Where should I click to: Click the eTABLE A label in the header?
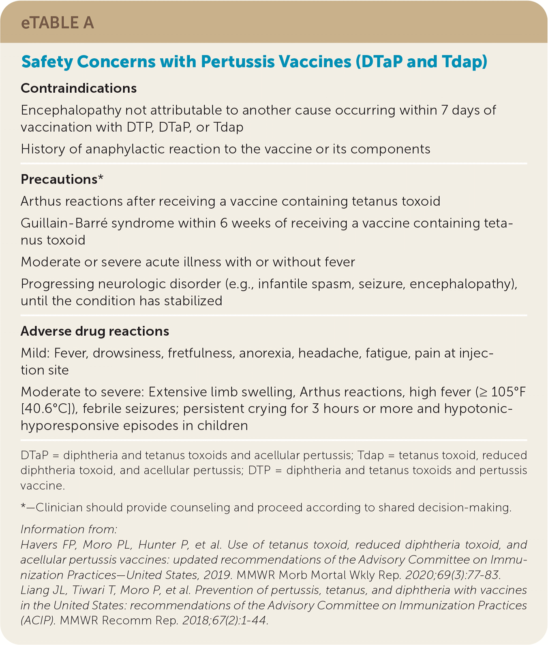pyautogui.click(x=57, y=23)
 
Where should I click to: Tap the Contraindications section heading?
pyautogui.click(x=79, y=88)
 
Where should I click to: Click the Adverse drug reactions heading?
pyautogui.click(x=95, y=331)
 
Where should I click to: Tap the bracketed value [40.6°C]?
pyautogui.click(x=48, y=409)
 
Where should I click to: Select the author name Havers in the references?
pyautogui.click(x=37, y=545)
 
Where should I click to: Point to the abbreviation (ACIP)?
pyautogui.click(x=37, y=620)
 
